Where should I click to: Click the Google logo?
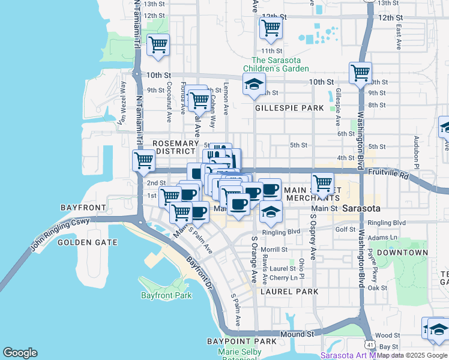tap(20, 352)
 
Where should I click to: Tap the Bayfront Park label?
tap(166, 295)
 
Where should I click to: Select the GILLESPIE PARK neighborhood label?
tap(289, 109)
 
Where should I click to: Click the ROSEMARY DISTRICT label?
tap(175, 147)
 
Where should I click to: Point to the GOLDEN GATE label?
tap(83, 242)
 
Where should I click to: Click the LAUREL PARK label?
tap(289, 291)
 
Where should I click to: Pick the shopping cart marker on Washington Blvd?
tap(360, 74)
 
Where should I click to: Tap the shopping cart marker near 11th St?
tap(271, 28)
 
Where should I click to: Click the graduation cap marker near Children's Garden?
tap(254, 85)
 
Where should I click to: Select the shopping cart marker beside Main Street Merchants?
tap(323, 182)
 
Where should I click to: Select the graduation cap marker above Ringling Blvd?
tap(271, 212)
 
